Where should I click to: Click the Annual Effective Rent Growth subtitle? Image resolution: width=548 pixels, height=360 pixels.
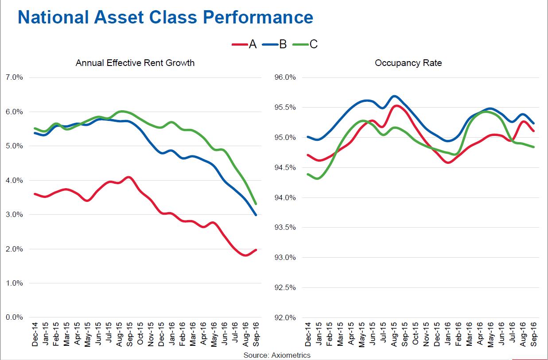(135, 63)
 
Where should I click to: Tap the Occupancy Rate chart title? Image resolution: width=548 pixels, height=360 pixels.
(408, 63)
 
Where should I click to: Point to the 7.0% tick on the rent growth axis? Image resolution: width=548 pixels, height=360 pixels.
(14, 77)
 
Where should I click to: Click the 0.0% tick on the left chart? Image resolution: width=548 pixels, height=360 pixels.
(14, 317)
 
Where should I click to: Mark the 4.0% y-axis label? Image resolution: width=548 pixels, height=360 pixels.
(14, 180)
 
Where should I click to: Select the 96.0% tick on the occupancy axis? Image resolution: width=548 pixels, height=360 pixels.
(286, 77)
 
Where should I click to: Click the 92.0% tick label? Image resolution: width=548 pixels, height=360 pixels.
(286, 317)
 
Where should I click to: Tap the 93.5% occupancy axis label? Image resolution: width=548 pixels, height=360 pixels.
(286, 228)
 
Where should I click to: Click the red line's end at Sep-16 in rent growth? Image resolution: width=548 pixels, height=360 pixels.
(256, 250)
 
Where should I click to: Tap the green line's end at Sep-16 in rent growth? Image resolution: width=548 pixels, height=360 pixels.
(256, 204)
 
